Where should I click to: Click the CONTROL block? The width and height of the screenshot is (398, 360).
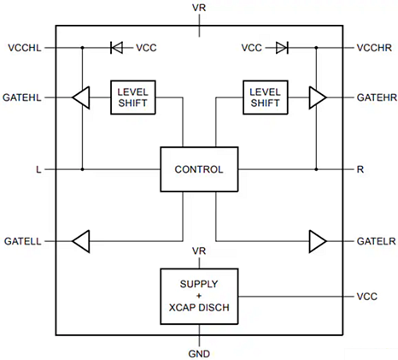pos(198,169)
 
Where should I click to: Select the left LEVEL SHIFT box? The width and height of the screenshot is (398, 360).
pos(133,97)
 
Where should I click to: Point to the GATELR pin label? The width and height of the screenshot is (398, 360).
pos(375,242)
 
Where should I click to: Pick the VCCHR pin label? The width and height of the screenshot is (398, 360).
pos(375,48)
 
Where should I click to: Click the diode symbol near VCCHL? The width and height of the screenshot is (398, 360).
pos(117,48)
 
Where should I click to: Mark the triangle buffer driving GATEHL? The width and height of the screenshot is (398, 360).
pos(81,98)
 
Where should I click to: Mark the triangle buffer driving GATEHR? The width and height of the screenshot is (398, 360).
pos(318,98)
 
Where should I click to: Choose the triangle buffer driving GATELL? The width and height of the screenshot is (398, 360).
pos(81,242)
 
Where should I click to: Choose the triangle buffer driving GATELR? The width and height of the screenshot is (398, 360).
pos(318,242)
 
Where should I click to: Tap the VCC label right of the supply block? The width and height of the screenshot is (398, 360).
pos(366,296)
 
